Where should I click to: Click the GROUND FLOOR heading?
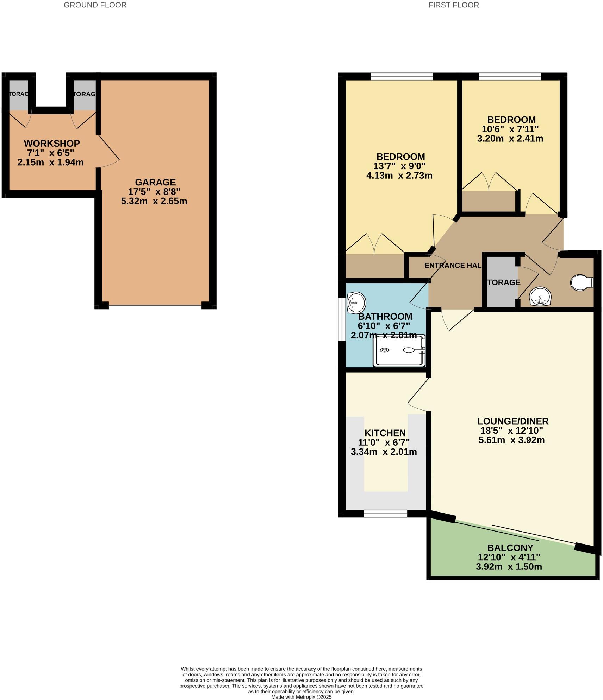[95, 5]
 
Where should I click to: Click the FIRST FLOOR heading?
[453, 5]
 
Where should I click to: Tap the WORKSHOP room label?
[52, 144]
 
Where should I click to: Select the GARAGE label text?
[155, 182]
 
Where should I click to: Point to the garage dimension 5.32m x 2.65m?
[154, 201]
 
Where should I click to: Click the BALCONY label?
[510, 548]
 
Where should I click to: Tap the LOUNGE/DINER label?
[513, 421]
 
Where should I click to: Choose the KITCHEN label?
[385, 433]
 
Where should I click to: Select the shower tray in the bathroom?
[400, 350]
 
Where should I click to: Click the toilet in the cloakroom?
[581, 283]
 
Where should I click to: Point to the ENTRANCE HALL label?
[453, 266]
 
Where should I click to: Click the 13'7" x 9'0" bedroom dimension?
[399, 166]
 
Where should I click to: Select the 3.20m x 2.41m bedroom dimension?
[510, 139]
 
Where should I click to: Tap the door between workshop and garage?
[107, 151]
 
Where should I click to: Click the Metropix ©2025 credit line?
[301, 697]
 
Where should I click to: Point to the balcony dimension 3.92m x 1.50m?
[509, 567]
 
